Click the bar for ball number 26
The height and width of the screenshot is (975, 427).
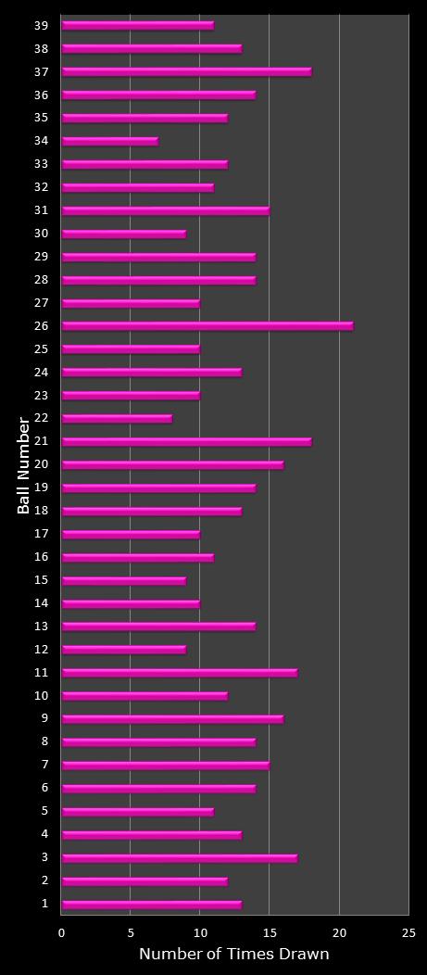coord(207,326)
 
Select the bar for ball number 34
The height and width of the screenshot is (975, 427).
coord(109,141)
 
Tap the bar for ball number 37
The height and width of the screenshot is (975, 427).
coord(186,71)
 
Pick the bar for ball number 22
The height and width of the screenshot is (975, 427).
coord(117,419)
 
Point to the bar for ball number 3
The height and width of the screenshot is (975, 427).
coord(179,858)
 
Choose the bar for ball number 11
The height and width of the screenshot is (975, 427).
coord(179,673)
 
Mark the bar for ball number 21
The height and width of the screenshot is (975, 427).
coord(186,442)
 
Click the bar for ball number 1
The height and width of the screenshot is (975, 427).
coord(151,905)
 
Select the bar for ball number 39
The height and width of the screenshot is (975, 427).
coord(137,25)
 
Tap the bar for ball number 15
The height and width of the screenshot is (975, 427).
coord(123,581)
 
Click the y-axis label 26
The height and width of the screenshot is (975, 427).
coord(42,326)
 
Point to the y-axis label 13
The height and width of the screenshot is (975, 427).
coord(42,627)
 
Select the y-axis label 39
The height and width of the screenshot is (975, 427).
coord(42,25)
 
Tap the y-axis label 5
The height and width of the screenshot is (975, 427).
coord(44,812)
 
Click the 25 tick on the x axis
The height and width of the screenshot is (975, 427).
coord(408,932)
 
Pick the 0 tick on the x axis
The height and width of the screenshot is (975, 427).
coord(62,932)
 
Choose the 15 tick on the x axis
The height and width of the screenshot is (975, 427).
coord(270,932)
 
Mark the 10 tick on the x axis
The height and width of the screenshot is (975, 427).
coord(200,932)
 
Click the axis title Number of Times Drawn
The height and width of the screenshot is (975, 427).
coord(233,954)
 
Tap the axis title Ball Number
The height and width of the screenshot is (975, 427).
coord(24,465)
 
